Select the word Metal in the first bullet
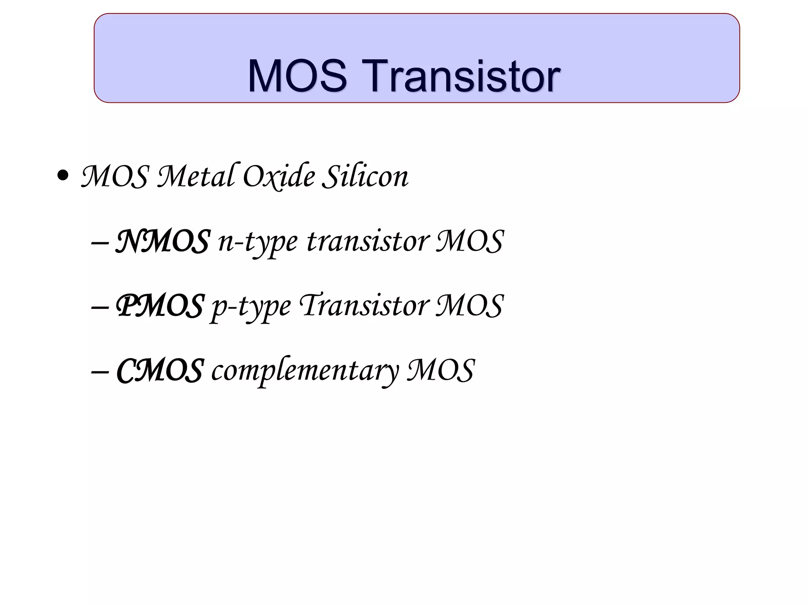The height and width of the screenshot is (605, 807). (196, 176)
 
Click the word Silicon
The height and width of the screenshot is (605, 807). (365, 176)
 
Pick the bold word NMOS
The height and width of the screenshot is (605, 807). (162, 241)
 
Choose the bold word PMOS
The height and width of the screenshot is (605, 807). (160, 306)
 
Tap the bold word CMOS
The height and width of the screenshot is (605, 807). (160, 371)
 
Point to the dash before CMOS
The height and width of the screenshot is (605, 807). (100, 372)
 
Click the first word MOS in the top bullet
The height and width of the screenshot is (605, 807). (115, 176)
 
